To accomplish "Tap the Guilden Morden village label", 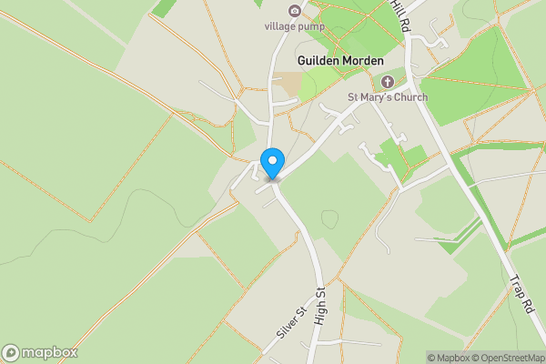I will point(340,60).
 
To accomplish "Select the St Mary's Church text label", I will point(388,97).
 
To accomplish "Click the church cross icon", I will point(388,82).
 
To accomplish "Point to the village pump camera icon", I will point(294,11).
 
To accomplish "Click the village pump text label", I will point(294,25).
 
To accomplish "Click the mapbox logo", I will point(40,352).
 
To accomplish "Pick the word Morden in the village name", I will point(363,60).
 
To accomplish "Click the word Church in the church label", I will point(409,97).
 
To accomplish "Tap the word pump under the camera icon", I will point(310,25).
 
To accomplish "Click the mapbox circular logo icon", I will point(12,352).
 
